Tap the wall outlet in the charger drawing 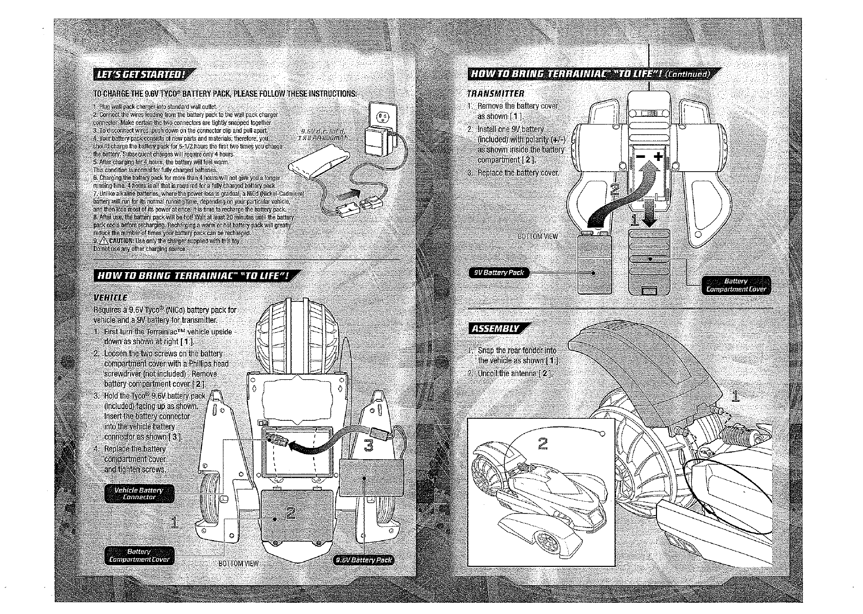(x=382, y=117)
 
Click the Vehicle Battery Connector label (x=139, y=494)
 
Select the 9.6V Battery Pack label (x=364, y=560)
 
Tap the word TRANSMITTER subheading (x=495, y=94)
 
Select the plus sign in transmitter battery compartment (x=659, y=156)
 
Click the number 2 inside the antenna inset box (x=542, y=444)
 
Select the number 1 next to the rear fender (x=735, y=396)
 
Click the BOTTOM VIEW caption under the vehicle (x=238, y=563)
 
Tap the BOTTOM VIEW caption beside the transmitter (x=537, y=236)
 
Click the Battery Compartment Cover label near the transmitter (x=736, y=285)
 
